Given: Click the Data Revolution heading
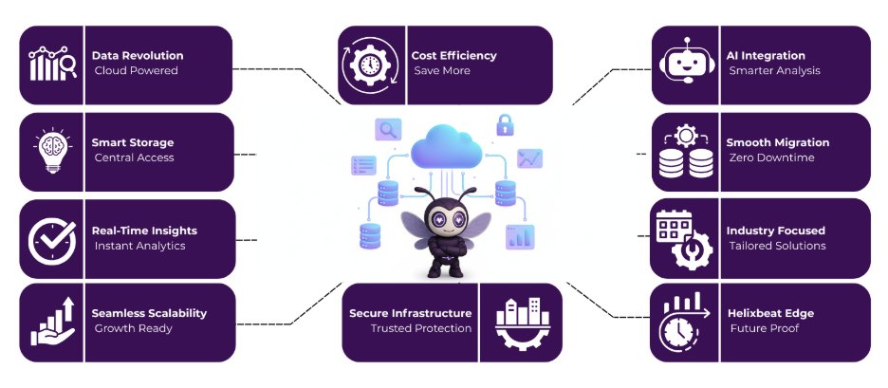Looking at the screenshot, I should coord(138,56).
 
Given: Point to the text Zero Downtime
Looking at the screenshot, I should coord(771,157).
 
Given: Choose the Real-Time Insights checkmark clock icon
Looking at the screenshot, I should coord(51,238).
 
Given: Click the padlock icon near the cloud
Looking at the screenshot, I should coord(505,123).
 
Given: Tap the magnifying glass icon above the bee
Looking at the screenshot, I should coord(387,129).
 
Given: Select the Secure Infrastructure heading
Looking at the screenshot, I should coord(410,313).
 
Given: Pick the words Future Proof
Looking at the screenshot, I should coord(764,329).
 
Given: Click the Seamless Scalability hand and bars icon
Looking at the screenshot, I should coord(51,323).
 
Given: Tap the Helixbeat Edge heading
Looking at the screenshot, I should coord(769,313).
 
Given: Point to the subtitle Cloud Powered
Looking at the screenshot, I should coord(137,71).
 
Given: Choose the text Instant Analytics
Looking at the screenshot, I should coord(139,246).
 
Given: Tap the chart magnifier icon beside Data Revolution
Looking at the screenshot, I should coord(51,65).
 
